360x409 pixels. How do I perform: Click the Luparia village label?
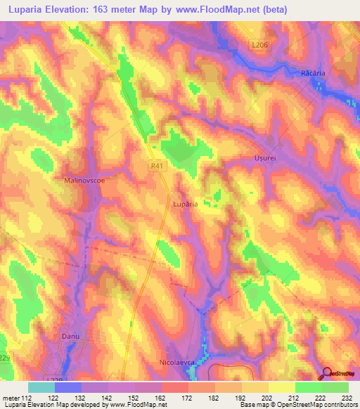click(x=184, y=204)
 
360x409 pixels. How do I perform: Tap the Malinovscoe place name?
click(x=84, y=180)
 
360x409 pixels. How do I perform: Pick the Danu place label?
click(x=70, y=337)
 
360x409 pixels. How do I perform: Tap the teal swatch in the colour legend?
click(x=41, y=387)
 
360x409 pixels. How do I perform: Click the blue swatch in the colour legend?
click(x=68, y=387)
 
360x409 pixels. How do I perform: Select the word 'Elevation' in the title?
click(x=76, y=9)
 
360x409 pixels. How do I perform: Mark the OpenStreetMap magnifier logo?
click(x=328, y=373)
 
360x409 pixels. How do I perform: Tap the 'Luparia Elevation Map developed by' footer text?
click(x=49, y=404)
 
